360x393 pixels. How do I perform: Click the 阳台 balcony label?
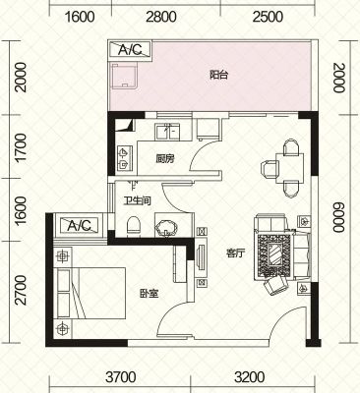[x=218, y=75]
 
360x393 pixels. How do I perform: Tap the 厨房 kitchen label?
[x=165, y=159]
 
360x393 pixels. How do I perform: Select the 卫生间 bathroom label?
[x=137, y=200]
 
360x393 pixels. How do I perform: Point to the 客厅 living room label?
[x=236, y=253]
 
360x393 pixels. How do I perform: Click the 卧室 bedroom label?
[x=150, y=293]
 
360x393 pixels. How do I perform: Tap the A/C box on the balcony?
[x=130, y=49]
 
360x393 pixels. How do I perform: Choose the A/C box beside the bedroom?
[x=79, y=225]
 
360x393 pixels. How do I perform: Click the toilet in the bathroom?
[x=133, y=225]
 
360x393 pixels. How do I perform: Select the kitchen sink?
[x=168, y=132]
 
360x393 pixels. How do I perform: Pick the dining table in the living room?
[x=290, y=168]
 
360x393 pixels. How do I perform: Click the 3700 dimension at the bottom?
[x=121, y=377]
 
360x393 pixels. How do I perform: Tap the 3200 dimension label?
[x=250, y=377]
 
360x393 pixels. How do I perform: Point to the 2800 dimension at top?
[x=161, y=17]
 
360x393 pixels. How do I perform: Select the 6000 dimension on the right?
[x=339, y=217]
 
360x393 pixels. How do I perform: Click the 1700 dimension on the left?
[x=20, y=147]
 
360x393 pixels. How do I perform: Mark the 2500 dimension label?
[x=269, y=17]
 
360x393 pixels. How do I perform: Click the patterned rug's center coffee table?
[x=275, y=254]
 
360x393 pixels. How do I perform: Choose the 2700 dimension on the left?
[x=20, y=290]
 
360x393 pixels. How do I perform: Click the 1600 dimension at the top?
[x=81, y=17]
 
